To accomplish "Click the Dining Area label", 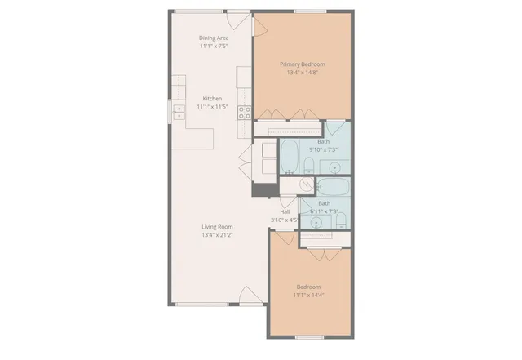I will coord(214,38).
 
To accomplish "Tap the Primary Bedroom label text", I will coord(302,64).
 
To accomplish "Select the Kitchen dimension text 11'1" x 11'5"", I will coord(212,107).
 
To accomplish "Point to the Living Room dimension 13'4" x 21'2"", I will coord(218,235).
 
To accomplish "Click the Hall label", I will coord(285,211).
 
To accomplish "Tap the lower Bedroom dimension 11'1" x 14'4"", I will coord(308,295).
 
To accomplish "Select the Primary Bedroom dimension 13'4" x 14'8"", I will coord(302,73).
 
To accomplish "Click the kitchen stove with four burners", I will coord(243,113).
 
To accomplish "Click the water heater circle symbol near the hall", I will coord(290,171).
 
